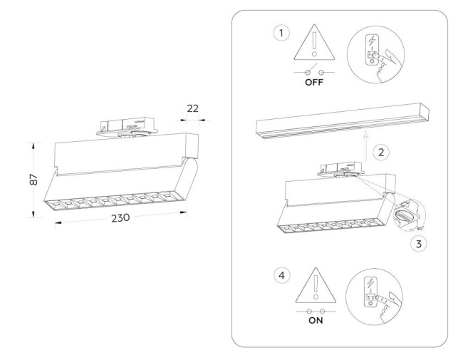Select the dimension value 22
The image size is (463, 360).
[192, 109]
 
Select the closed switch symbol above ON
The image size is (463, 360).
[315, 312]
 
